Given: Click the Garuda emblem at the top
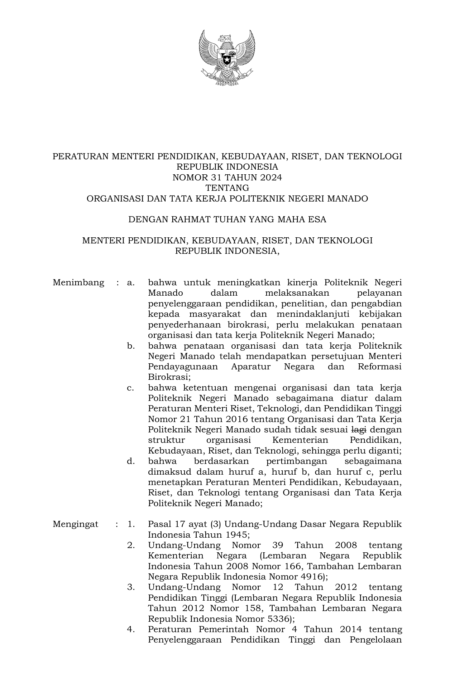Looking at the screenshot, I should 227,57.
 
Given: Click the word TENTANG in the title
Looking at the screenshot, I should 227,188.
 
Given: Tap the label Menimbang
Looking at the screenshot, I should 78,283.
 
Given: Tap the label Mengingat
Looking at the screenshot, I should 75,524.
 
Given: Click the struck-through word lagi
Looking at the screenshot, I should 359,430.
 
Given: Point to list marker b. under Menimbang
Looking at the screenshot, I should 131,346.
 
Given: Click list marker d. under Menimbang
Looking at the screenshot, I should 131,461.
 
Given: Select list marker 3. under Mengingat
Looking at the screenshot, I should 131,587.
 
